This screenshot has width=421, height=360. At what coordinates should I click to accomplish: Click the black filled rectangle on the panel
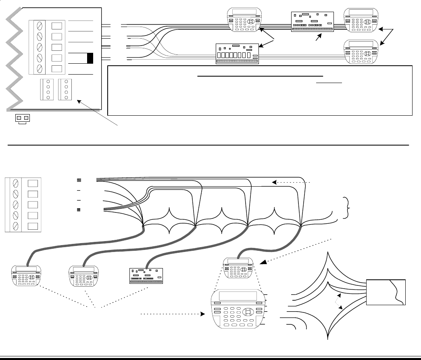90,58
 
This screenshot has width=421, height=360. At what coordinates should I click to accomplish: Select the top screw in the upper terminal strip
40,26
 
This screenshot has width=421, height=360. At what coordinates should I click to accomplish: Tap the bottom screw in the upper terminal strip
40,69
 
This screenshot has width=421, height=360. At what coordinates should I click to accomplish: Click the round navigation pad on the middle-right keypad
367,53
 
